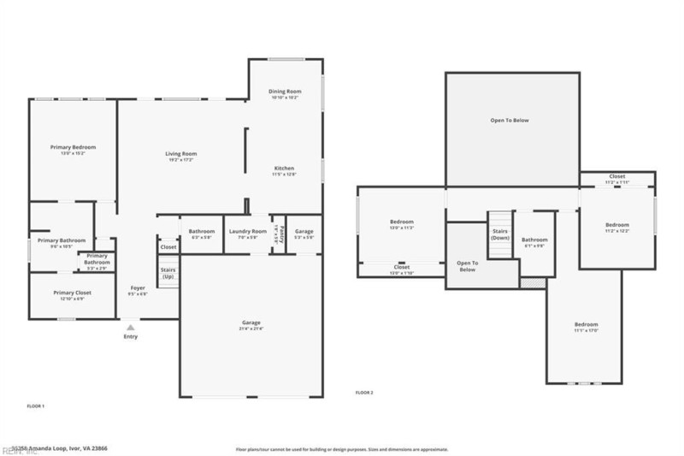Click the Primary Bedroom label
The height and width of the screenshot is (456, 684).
[73, 147]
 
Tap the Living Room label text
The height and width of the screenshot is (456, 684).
[180, 154]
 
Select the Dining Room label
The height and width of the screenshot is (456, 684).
[285, 92]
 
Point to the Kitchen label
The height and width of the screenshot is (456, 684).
[284, 168]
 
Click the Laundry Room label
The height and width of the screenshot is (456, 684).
[247, 231]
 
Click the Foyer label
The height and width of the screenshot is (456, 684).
[138, 288]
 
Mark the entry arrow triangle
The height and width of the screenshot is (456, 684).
[131, 327]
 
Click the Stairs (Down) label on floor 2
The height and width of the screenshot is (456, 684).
[501, 234]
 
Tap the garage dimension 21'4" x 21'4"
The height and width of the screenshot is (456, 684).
[251, 329]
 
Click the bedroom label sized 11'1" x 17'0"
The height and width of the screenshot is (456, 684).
[586, 328]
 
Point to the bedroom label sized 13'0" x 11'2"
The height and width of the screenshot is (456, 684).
[401, 225]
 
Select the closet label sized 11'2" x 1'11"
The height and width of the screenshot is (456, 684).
[616, 180]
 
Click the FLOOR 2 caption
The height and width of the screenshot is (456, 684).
[364, 392]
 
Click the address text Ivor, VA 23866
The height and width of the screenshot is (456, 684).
[75, 447]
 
